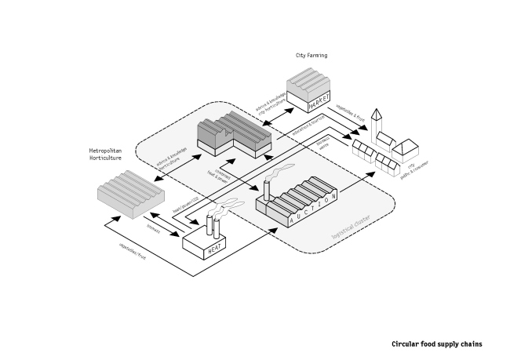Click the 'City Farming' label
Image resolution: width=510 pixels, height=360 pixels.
[311, 56]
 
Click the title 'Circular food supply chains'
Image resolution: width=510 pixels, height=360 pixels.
[436, 344]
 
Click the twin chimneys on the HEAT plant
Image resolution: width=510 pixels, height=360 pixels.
[213, 226]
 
